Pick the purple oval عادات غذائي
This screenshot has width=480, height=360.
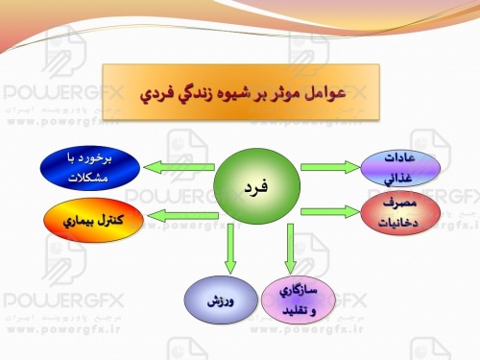[x=398, y=167]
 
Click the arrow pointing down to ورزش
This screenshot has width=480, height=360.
[x=228, y=252]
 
